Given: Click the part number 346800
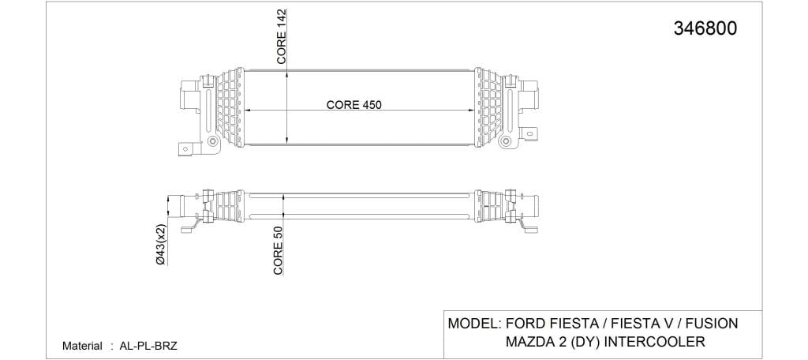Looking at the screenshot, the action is pyautogui.click(x=705, y=28).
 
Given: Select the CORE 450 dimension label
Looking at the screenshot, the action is pyautogui.click(x=353, y=105).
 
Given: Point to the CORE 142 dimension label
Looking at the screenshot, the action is pyautogui.click(x=282, y=36).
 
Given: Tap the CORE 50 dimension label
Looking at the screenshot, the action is pyautogui.click(x=279, y=251).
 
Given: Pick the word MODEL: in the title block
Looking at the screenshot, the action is pyautogui.click(x=475, y=324).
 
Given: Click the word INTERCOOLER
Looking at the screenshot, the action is pyautogui.click(x=654, y=341).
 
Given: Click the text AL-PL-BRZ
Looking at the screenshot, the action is pyautogui.click(x=148, y=346).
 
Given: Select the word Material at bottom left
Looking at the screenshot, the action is pyautogui.click(x=82, y=346).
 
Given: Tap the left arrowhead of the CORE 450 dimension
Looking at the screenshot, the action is pyautogui.click(x=247, y=111).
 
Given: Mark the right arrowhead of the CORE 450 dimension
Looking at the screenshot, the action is pyautogui.click(x=470, y=111).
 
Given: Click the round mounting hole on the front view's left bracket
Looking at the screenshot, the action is pyautogui.click(x=211, y=141).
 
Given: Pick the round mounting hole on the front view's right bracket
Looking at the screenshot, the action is pyautogui.click(x=506, y=141).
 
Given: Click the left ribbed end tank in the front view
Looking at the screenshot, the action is pyautogui.click(x=230, y=107).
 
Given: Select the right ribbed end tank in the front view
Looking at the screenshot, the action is pyautogui.click(x=488, y=107).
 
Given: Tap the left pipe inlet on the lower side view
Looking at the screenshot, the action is pyautogui.click(x=177, y=206).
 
